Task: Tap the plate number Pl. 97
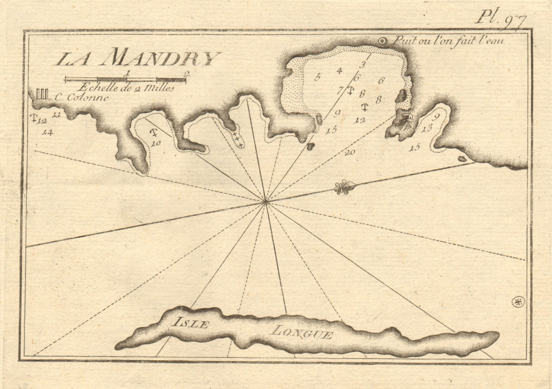502,17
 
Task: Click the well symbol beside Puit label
382,41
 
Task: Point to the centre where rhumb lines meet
265,202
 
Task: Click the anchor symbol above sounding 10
154,132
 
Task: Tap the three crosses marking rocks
236,137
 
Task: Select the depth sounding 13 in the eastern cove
427,129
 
